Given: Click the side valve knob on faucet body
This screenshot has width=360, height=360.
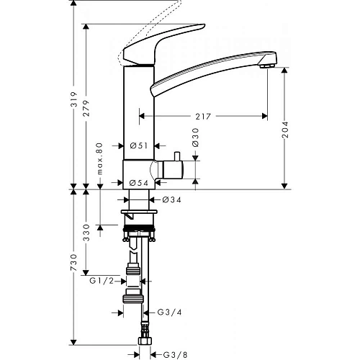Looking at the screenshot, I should (176, 169).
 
